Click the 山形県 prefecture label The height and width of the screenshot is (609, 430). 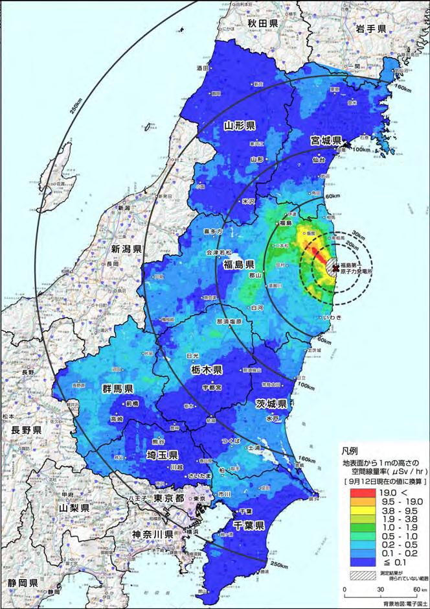(x=239, y=125)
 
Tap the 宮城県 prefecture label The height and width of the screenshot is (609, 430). (x=324, y=140)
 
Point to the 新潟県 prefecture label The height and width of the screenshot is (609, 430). (x=126, y=249)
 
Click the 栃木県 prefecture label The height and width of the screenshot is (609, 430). (x=207, y=370)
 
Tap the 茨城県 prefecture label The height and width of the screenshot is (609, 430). (x=270, y=403)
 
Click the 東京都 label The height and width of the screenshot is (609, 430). (x=171, y=497)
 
